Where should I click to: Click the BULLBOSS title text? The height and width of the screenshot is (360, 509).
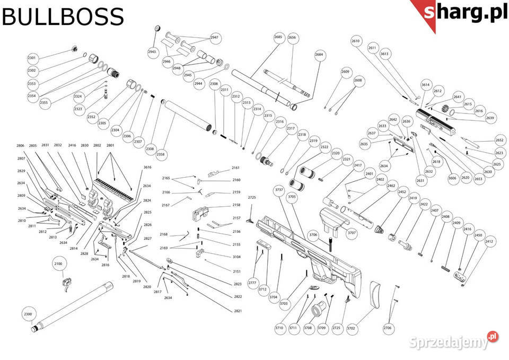[63, 17]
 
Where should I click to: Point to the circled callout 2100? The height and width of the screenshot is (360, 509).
[58, 264]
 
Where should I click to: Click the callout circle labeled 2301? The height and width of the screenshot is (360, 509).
[32, 57]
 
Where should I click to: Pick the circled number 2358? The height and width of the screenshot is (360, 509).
[161, 154]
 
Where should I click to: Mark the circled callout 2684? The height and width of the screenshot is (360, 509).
[319, 55]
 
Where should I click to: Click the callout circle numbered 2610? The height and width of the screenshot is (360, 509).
[356, 41]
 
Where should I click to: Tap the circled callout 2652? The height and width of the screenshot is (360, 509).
[499, 140]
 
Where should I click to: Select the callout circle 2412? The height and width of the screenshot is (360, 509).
[489, 242]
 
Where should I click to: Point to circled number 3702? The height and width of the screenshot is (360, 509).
[350, 329]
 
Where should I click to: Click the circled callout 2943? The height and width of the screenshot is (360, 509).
[152, 52]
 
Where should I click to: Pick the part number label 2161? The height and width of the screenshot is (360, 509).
[236, 168]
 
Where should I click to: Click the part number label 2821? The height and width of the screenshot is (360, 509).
[238, 310]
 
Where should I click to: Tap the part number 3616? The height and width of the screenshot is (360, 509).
[147, 168]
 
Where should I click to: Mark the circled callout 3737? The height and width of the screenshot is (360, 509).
[278, 190]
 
